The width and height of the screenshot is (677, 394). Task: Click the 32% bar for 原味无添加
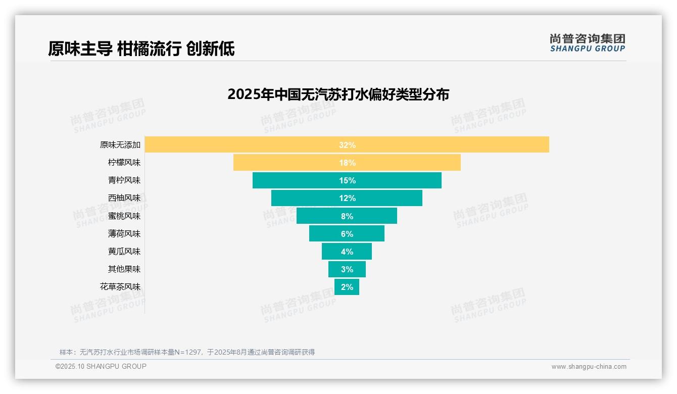[x=347, y=144]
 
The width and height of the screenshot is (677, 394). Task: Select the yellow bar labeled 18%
[x=347, y=163]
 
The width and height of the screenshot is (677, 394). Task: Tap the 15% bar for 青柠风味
[x=347, y=180]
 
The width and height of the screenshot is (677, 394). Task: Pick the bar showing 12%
[x=347, y=198]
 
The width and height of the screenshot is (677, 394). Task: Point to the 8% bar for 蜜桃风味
[x=347, y=216]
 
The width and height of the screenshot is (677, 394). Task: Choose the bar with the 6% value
[x=347, y=233]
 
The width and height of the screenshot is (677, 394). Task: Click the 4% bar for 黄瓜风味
[x=347, y=251]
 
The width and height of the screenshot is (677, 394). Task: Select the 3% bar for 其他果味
[x=347, y=269]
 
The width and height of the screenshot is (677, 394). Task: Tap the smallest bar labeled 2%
[x=347, y=287]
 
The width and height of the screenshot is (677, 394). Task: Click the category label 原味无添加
[x=120, y=145]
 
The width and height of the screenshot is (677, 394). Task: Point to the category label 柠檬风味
[x=124, y=163]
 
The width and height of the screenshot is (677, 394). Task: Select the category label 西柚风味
[x=124, y=198]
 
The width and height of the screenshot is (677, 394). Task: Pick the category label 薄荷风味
[x=124, y=233]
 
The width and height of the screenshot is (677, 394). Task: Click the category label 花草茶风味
[x=120, y=287]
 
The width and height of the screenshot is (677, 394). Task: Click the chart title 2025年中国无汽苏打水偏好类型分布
[x=338, y=94]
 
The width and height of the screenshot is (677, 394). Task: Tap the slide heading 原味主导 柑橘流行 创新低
[x=141, y=48]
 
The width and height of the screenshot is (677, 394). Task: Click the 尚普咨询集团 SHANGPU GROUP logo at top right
[x=587, y=43]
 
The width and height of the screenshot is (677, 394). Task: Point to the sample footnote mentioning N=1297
[x=187, y=352]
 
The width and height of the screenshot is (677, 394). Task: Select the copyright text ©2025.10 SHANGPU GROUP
[x=101, y=366]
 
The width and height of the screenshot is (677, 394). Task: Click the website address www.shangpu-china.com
[x=589, y=367]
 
